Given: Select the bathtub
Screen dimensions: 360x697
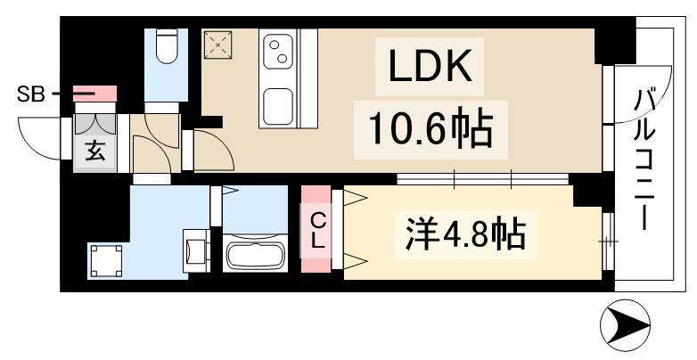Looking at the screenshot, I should pos(256,255).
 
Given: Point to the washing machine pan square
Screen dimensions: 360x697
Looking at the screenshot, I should pos(105,262).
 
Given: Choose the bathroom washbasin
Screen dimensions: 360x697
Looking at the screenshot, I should pos(194,250).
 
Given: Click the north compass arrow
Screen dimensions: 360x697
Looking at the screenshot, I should pos(626,326).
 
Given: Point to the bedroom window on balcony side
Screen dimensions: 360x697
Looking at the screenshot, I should pos(608,241).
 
